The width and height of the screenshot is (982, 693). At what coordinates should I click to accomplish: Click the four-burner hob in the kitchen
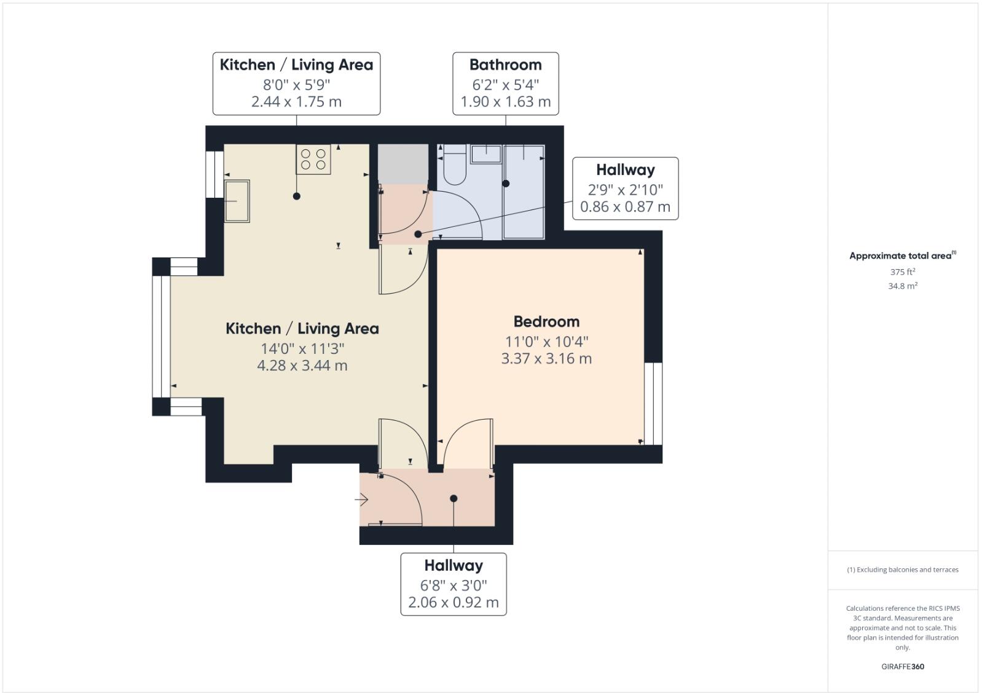(313, 159)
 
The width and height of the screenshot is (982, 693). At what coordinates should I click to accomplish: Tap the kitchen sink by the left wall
(237, 201)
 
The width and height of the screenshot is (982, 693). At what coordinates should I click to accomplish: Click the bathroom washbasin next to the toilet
(486, 154)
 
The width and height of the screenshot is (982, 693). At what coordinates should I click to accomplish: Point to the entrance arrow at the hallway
(361, 500)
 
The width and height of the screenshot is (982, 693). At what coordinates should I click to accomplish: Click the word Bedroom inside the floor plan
(546, 321)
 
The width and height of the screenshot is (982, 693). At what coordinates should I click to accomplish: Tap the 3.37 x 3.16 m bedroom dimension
(546, 359)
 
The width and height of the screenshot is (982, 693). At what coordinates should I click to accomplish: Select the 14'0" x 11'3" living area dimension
(302, 348)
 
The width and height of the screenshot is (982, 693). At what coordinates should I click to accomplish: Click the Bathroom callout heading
(505, 65)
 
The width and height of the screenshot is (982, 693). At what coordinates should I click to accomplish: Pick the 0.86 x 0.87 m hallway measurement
(625, 207)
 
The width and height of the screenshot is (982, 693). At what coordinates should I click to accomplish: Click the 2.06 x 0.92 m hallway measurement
(454, 603)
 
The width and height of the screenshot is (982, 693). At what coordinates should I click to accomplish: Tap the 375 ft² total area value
(902, 272)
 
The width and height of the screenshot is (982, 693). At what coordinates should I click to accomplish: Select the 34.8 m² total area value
(902, 286)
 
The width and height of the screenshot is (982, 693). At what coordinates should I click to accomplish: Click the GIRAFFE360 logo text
(902, 667)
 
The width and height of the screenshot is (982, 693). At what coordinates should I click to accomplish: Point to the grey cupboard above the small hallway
(403, 164)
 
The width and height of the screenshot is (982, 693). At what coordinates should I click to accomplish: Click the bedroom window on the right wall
(653, 404)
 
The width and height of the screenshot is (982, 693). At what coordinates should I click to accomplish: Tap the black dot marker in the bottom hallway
(454, 499)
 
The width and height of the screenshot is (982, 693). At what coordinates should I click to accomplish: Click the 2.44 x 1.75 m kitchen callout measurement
(296, 102)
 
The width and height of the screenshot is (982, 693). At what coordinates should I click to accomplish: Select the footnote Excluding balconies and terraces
(902, 570)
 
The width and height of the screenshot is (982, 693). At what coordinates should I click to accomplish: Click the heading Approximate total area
(901, 256)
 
